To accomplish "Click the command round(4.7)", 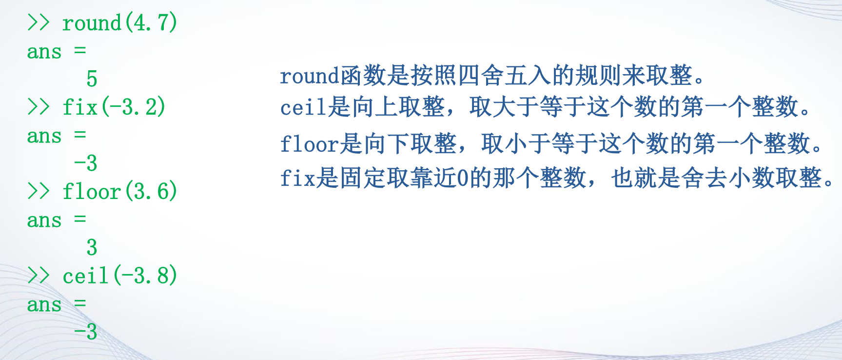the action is click(119, 23).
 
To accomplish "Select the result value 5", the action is click(92, 79).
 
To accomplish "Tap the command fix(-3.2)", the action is click(114, 107).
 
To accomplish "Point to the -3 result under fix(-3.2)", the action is click(86, 163).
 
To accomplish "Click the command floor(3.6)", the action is click(119, 191).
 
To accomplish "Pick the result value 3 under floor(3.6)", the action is click(92, 247).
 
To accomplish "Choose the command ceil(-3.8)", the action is click(119, 276).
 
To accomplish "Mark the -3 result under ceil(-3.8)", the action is click(86, 332).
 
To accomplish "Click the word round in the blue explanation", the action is click(309, 76).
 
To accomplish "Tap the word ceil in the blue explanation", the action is click(303, 107).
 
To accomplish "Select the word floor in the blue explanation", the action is click(309, 144).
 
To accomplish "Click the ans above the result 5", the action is click(44, 52).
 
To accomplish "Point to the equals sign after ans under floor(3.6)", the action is click(80, 219).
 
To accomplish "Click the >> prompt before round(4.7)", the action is click(39, 22).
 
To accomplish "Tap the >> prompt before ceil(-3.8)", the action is click(39, 275).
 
